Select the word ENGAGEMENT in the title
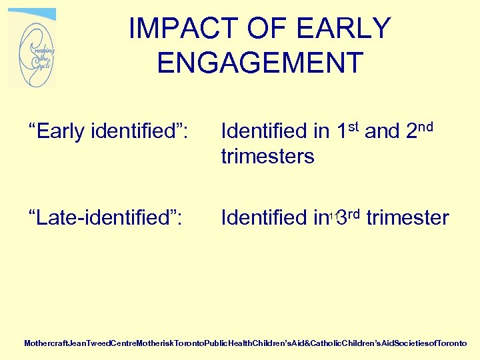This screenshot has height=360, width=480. [x=260, y=63]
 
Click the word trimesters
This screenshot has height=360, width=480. [x=267, y=157]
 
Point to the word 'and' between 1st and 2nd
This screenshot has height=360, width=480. [x=382, y=132]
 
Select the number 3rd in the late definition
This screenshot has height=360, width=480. [x=348, y=217]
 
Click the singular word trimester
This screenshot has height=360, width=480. [x=408, y=218]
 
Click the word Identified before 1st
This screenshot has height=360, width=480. [x=263, y=132]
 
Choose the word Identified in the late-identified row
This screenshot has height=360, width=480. [x=263, y=218]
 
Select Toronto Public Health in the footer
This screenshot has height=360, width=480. [x=219, y=343]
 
